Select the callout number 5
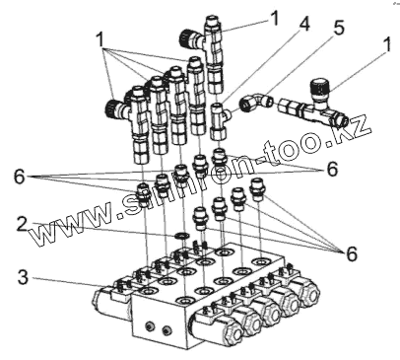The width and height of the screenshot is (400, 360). coord(338,28)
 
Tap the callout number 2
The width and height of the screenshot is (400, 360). coord(22,224)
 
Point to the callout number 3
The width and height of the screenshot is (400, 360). coord(23,277)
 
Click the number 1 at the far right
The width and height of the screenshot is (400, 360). coord(387,44)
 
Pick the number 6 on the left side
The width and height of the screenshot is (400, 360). coord(20,178)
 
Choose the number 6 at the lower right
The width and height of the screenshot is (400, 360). coord(351,253)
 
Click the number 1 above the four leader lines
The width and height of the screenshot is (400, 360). coord(100,40)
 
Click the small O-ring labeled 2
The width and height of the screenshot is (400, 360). coord(181,236)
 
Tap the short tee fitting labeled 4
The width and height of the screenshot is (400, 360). coord(218,120)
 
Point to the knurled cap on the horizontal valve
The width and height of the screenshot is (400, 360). coord(319,87)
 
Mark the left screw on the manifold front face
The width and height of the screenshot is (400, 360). coord(150,326)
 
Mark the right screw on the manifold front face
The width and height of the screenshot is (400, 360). coord(167,329)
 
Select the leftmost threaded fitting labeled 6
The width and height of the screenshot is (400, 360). coord(143,194)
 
